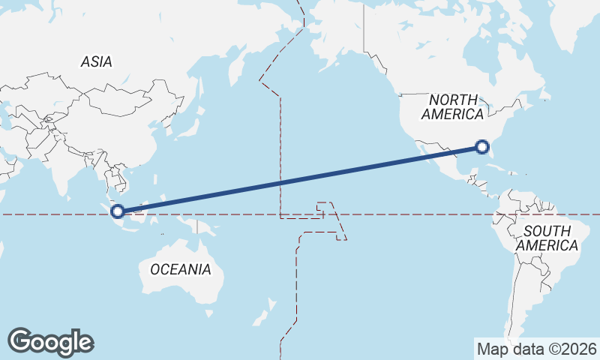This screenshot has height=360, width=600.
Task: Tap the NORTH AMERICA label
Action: pos(452,107)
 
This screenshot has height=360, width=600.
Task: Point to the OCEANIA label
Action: pos(180,269)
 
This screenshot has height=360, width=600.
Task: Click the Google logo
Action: pos(50,341)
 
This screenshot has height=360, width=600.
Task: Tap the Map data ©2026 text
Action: pos(536,349)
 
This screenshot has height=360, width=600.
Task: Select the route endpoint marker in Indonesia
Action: pos(118,211)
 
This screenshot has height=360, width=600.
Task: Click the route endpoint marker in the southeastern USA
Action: pos(482,146)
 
